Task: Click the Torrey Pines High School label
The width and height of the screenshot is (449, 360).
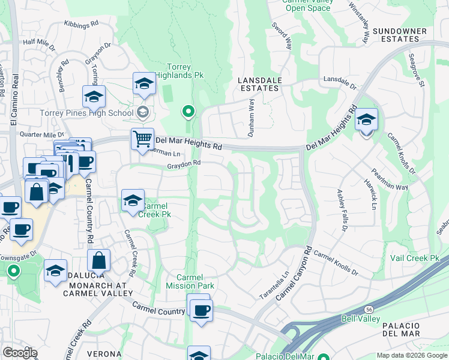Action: coord(86,113)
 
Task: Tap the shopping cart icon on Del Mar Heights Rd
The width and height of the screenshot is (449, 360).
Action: coord(143,139)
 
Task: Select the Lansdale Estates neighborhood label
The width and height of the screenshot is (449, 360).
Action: coord(259,83)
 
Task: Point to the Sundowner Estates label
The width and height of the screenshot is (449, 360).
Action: coord(400,35)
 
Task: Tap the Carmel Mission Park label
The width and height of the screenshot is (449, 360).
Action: coord(190,281)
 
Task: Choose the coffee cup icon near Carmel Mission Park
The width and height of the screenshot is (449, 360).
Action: coord(201,310)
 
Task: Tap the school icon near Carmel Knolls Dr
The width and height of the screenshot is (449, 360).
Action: coord(366,120)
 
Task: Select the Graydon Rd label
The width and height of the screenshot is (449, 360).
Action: coord(183,163)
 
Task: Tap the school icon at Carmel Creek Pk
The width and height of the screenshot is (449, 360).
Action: coord(133,201)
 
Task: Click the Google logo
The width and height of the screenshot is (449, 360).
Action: coord(20,353)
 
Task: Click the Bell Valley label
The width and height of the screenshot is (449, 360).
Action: coord(360,319)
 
